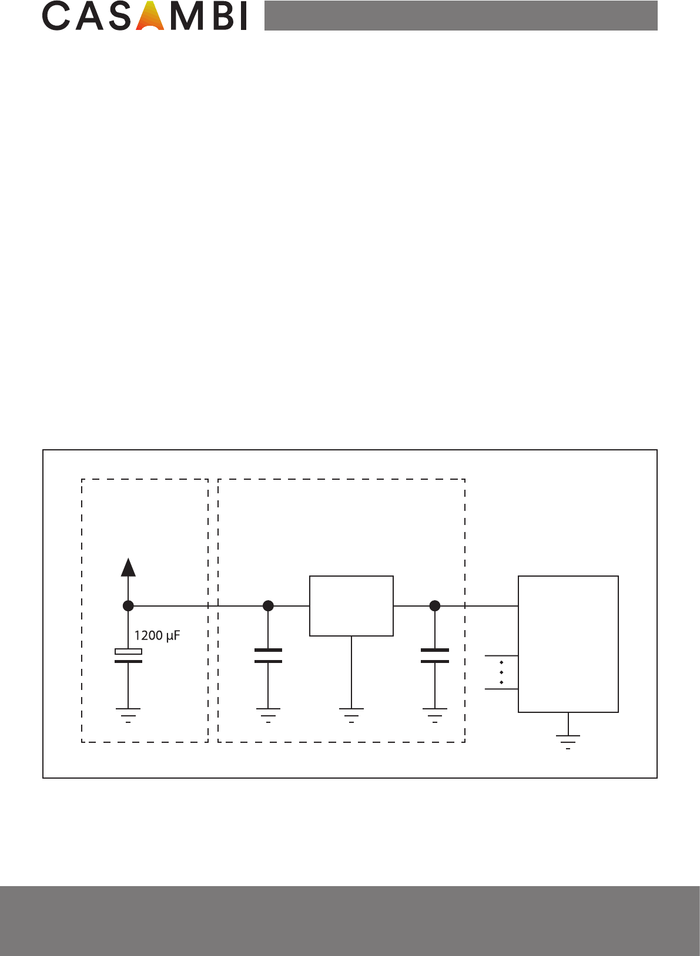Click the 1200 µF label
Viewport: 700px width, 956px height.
click(x=156, y=635)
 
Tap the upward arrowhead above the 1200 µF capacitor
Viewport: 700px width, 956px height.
click(x=128, y=567)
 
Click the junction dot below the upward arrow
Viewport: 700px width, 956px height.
click(x=128, y=606)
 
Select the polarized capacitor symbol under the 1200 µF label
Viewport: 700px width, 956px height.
click(x=128, y=656)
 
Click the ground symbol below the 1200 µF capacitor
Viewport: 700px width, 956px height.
click(x=128, y=714)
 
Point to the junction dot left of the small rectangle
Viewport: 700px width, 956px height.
click(x=268, y=606)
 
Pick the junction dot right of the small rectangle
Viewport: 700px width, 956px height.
click(x=435, y=606)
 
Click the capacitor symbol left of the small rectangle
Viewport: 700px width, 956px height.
click(x=268, y=656)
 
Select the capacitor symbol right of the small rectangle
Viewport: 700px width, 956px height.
click(x=435, y=656)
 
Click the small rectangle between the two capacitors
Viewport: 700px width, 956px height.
click(x=351, y=606)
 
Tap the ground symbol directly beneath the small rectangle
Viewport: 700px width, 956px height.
click(x=351, y=714)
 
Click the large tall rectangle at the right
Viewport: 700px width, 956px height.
click(x=568, y=644)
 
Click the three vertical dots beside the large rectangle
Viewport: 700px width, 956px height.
click(x=501, y=672)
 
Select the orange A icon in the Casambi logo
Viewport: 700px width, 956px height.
click(x=150, y=17)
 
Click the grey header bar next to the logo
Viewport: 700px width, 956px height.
click(x=461, y=16)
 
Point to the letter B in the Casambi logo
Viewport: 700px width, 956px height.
click(x=220, y=17)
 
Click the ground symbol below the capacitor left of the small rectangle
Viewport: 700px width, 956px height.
click(x=268, y=714)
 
